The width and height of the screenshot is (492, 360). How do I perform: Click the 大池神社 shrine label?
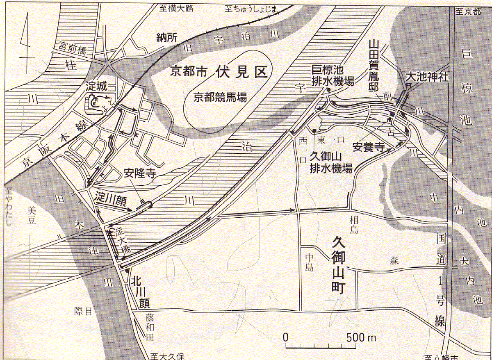click(x=427, y=77)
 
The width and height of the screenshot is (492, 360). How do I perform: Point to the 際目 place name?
click(x=82, y=311)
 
